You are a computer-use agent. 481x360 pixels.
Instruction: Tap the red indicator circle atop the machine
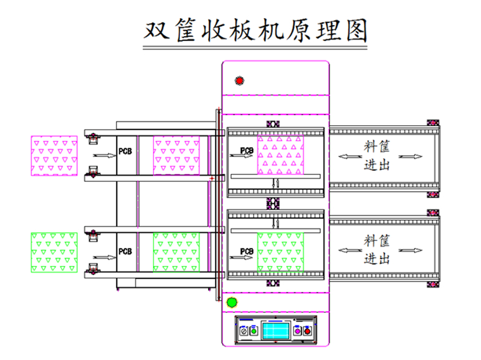point(239,80)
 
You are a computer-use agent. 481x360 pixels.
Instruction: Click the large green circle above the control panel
point(232,303)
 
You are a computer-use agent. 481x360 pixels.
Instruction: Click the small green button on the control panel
point(254,330)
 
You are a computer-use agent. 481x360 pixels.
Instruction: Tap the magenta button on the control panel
point(297,330)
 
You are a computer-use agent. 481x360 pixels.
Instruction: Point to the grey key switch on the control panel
point(244,330)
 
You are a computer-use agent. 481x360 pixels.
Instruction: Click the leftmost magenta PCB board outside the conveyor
point(54,156)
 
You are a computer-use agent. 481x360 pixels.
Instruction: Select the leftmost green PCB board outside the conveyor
point(54,253)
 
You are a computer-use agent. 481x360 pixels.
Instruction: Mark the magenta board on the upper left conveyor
point(176,155)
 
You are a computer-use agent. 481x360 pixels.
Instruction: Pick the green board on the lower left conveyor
point(176,252)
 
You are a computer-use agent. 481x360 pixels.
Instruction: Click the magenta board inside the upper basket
point(280,155)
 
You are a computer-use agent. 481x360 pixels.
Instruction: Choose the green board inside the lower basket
point(280,252)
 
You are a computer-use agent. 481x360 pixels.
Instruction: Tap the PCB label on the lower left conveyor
point(125,253)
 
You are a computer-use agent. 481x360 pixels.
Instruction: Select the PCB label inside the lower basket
point(247,252)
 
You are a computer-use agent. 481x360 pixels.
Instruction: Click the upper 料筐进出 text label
point(377,156)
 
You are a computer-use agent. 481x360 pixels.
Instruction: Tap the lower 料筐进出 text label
point(377,249)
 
